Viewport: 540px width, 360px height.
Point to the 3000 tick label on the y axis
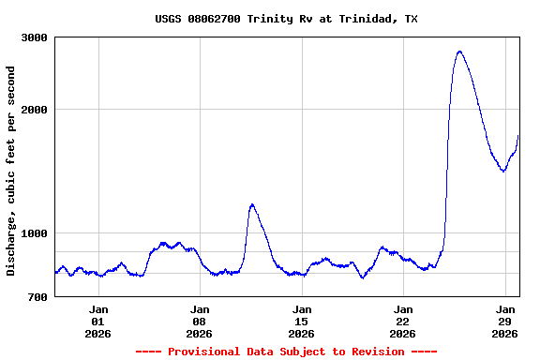tap(34, 37)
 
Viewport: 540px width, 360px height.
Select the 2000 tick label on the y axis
tap(34, 110)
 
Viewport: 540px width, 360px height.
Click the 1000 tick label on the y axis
tap(34, 233)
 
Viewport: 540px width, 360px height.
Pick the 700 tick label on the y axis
tap(37, 297)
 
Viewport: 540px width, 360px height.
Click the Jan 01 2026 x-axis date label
tap(98, 321)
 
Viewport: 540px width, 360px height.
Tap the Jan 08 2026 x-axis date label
tap(200, 321)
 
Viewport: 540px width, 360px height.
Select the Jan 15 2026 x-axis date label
tap(301, 321)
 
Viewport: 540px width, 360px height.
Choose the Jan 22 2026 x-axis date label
tap(402, 321)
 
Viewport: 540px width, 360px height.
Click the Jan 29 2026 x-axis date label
tap(504, 321)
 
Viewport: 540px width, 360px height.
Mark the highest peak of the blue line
tap(458, 52)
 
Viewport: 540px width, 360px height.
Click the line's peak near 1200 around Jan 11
tap(251, 204)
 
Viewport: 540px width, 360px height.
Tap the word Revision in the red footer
tap(376, 352)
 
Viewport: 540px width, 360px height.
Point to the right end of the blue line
tap(517, 136)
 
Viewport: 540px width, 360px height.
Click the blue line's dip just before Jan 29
tap(503, 171)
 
